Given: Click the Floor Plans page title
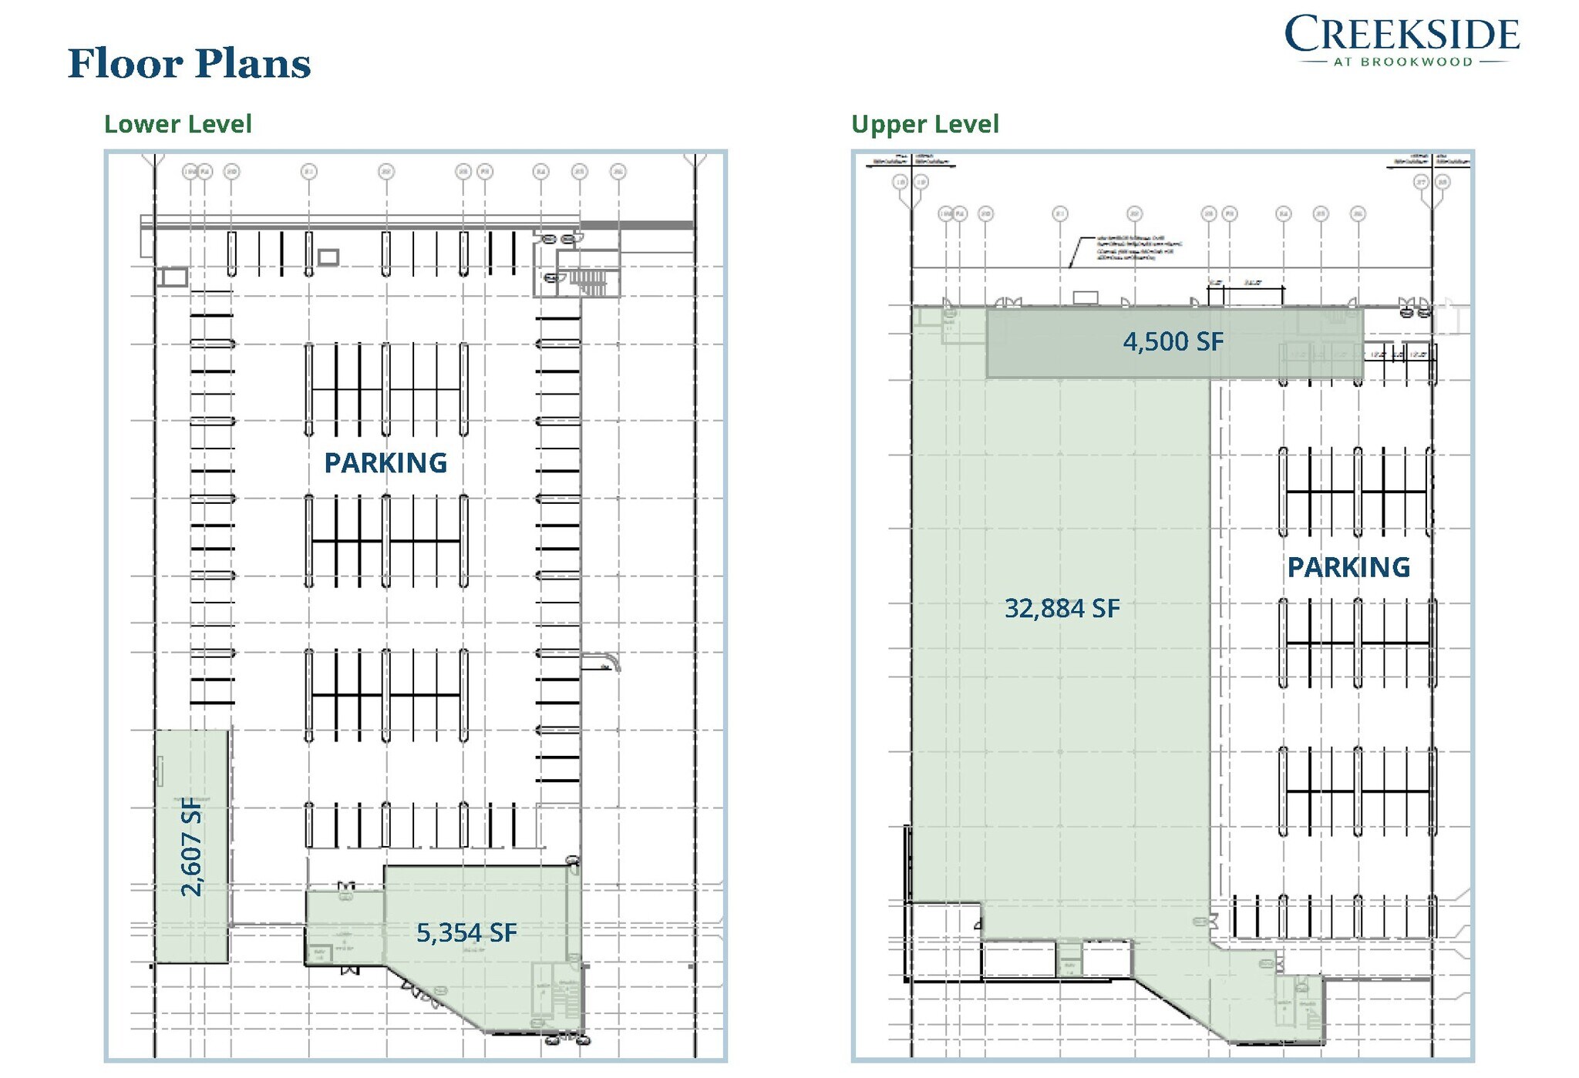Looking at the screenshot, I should pyautogui.click(x=189, y=63).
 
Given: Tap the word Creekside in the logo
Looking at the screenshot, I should pyautogui.click(x=1402, y=34).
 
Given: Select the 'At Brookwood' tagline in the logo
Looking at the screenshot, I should pyautogui.click(x=1402, y=62).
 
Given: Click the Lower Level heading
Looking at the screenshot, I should pyautogui.click(x=177, y=124).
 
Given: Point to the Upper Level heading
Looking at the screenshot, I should pyautogui.click(x=924, y=124).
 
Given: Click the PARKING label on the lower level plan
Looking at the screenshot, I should pyautogui.click(x=385, y=463).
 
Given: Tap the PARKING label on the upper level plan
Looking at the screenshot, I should pyautogui.click(x=1348, y=568).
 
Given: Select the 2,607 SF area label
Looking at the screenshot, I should pyautogui.click(x=191, y=846).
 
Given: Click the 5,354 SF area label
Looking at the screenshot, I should pyautogui.click(x=466, y=933).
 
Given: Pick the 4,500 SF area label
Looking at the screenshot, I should pyautogui.click(x=1173, y=341).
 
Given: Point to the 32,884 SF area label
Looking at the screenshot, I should pyautogui.click(x=1062, y=609).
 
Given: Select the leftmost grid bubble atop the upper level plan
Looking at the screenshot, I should pyautogui.click(x=900, y=183).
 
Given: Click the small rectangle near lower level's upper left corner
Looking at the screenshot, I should pyautogui.click(x=173, y=277).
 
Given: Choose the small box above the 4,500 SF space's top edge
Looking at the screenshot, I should pyautogui.click(x=1085, y=297).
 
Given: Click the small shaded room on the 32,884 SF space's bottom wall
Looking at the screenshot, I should pyautogui.click(x=1069, y=960).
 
